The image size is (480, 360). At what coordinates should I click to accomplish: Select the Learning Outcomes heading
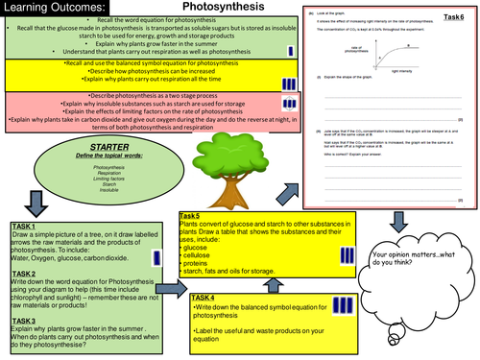(60, 9)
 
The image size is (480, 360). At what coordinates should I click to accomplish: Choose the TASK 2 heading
(28, 274)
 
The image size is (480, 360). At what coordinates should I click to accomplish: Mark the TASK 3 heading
(28, 320)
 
